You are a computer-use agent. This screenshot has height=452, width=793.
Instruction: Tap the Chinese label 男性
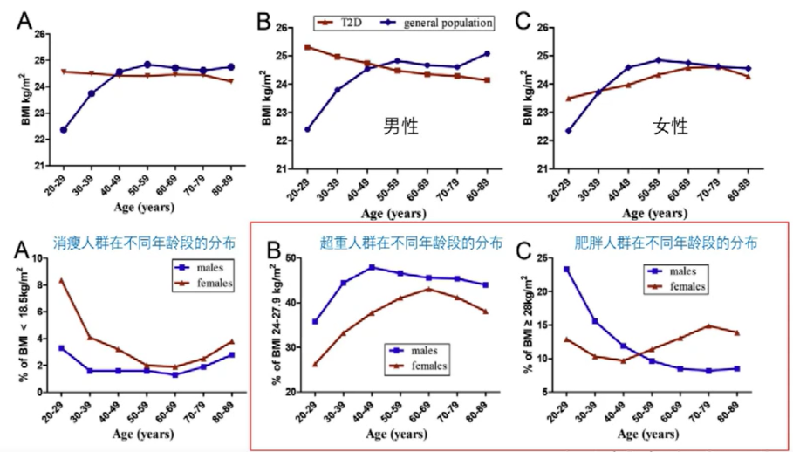coord(401,126)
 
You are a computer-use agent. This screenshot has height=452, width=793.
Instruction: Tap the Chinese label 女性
coord(671,127)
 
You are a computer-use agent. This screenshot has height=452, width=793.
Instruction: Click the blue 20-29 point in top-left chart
coord(64,129)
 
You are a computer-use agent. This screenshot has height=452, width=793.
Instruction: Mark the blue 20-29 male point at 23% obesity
coord(567,270)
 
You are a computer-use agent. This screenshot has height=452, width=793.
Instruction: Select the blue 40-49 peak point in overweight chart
coord(372,267)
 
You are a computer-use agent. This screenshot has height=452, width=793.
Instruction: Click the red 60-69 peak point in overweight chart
coord(428,289)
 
